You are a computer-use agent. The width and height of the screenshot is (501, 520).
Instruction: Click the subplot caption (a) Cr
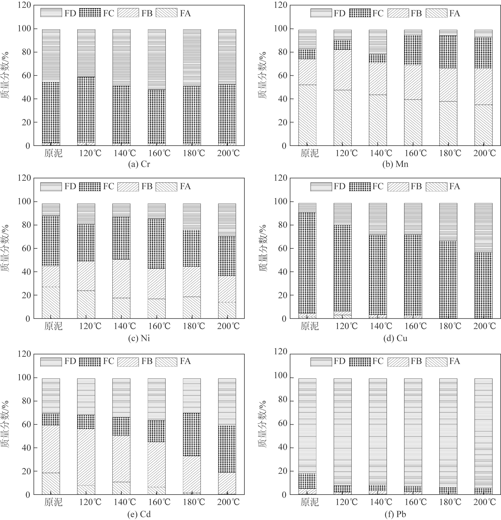139,164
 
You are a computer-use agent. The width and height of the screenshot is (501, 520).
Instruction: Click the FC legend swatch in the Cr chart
90,13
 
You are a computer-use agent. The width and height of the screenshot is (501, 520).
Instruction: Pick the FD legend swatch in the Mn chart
321,13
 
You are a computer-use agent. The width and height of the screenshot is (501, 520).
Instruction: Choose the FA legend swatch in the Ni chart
166,187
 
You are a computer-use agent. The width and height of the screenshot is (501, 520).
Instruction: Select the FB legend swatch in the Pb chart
398,361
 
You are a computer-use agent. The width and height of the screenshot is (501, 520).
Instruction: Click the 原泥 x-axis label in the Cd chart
53,502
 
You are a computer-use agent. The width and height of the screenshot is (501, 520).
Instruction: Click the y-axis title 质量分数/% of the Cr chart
6,75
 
